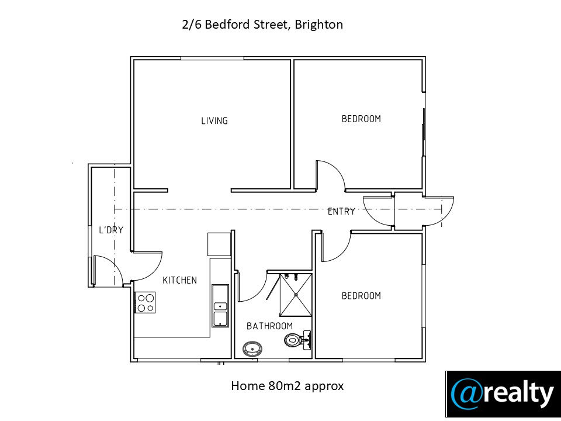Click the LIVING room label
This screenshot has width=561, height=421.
214,120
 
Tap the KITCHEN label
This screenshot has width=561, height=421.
179,280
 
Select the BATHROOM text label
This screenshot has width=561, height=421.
270,326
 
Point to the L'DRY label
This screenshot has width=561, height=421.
111,230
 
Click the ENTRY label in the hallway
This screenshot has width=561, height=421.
341,212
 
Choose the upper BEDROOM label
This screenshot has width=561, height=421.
361,119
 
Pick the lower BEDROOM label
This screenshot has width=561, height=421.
361,296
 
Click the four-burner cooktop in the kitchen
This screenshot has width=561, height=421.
146,302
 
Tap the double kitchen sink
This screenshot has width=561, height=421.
220,306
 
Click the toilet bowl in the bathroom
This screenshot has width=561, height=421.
291,340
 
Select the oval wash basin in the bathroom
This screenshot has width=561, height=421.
252,348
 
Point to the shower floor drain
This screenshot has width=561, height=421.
296,295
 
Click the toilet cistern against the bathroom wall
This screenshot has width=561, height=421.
306,340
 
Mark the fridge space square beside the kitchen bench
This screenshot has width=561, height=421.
219,244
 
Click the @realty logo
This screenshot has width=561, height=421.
503,394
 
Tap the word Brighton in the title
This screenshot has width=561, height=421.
319,25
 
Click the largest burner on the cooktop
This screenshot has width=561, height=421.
150,298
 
